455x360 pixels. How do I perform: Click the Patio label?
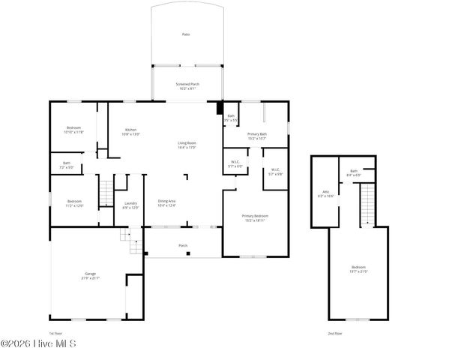(185, 34)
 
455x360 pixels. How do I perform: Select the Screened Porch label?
(187, 84)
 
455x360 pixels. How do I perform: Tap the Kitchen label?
(131, 131)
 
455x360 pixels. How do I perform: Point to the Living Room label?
(187, 144)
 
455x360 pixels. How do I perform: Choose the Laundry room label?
(130, 204)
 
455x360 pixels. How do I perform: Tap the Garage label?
(91, 274)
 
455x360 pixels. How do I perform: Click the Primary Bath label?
(257, 135)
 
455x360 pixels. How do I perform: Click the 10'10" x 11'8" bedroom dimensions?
(73, 132)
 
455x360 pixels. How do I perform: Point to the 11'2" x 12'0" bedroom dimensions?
(74, 205)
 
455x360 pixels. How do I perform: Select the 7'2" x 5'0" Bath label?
(67, 165)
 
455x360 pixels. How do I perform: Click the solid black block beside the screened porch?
(219, 108)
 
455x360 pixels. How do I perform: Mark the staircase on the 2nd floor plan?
(367, 202)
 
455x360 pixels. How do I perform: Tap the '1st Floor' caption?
(55, 332)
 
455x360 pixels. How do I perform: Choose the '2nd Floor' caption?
(334, 332)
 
